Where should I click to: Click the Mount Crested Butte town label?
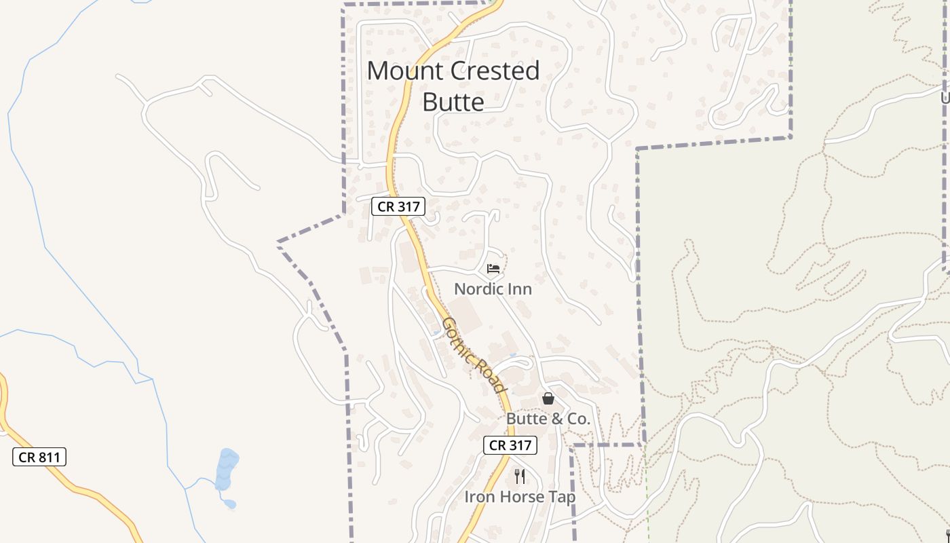click(x=453, y=86)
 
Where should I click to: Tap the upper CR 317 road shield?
click(x=398, y=206)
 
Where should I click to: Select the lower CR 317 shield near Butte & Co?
click(x=510, y=445)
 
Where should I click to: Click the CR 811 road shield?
click(x=39, y=457)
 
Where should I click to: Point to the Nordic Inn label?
click(x=493, y=289)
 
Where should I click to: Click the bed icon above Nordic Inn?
click(x=493, y=269)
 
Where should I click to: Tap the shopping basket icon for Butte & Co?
click(x=548, y=398)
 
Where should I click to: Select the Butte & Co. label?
click(x=548, y=419)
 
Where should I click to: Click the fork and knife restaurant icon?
click(x=520, y=476)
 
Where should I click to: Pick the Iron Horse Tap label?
click(x=520, y=497)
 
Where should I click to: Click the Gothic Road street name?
click(x=474, y=354)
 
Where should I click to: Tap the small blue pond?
click(x=227, y=468)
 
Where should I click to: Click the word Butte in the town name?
click(x=453, y=102)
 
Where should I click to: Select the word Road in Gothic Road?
click(x=492, y=375)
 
